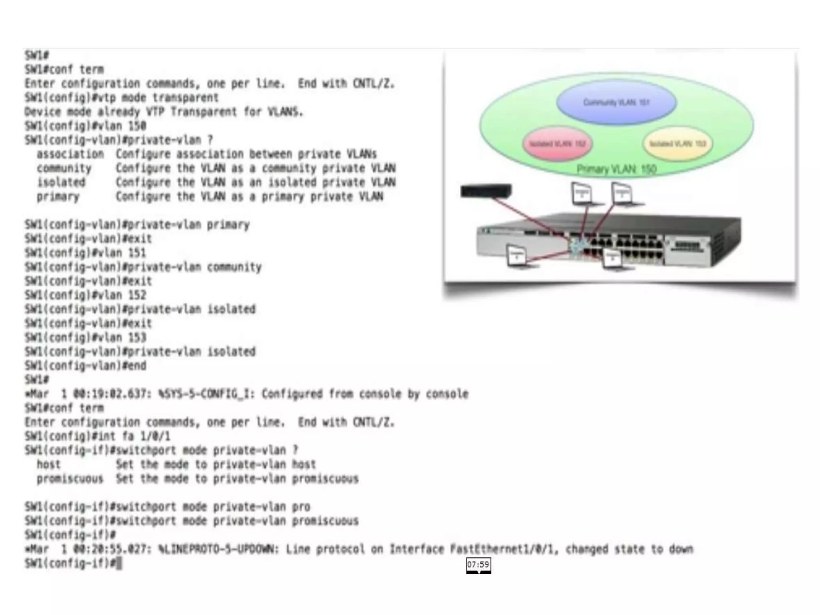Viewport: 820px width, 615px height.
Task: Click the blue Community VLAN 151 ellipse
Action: (616, 102)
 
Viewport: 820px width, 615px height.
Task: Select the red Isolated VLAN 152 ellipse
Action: (557, 144)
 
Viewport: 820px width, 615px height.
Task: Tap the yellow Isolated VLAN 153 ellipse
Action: (677, 144)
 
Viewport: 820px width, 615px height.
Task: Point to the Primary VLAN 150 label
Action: (616, 169)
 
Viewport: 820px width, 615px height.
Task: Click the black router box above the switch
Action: (486, 191)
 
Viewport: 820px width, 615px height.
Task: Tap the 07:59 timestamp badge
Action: (478, 565)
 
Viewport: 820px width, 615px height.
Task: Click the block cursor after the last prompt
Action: (119, 563)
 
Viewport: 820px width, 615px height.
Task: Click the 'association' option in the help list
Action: (70, 154)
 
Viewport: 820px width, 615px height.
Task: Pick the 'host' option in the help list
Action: (48, 464)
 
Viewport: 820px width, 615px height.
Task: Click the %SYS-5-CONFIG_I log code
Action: (206, 394)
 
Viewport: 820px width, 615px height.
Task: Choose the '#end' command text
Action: (134, 366)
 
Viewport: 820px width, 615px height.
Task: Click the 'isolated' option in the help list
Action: (61, 183)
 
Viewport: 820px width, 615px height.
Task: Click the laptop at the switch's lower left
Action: (517, 256)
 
